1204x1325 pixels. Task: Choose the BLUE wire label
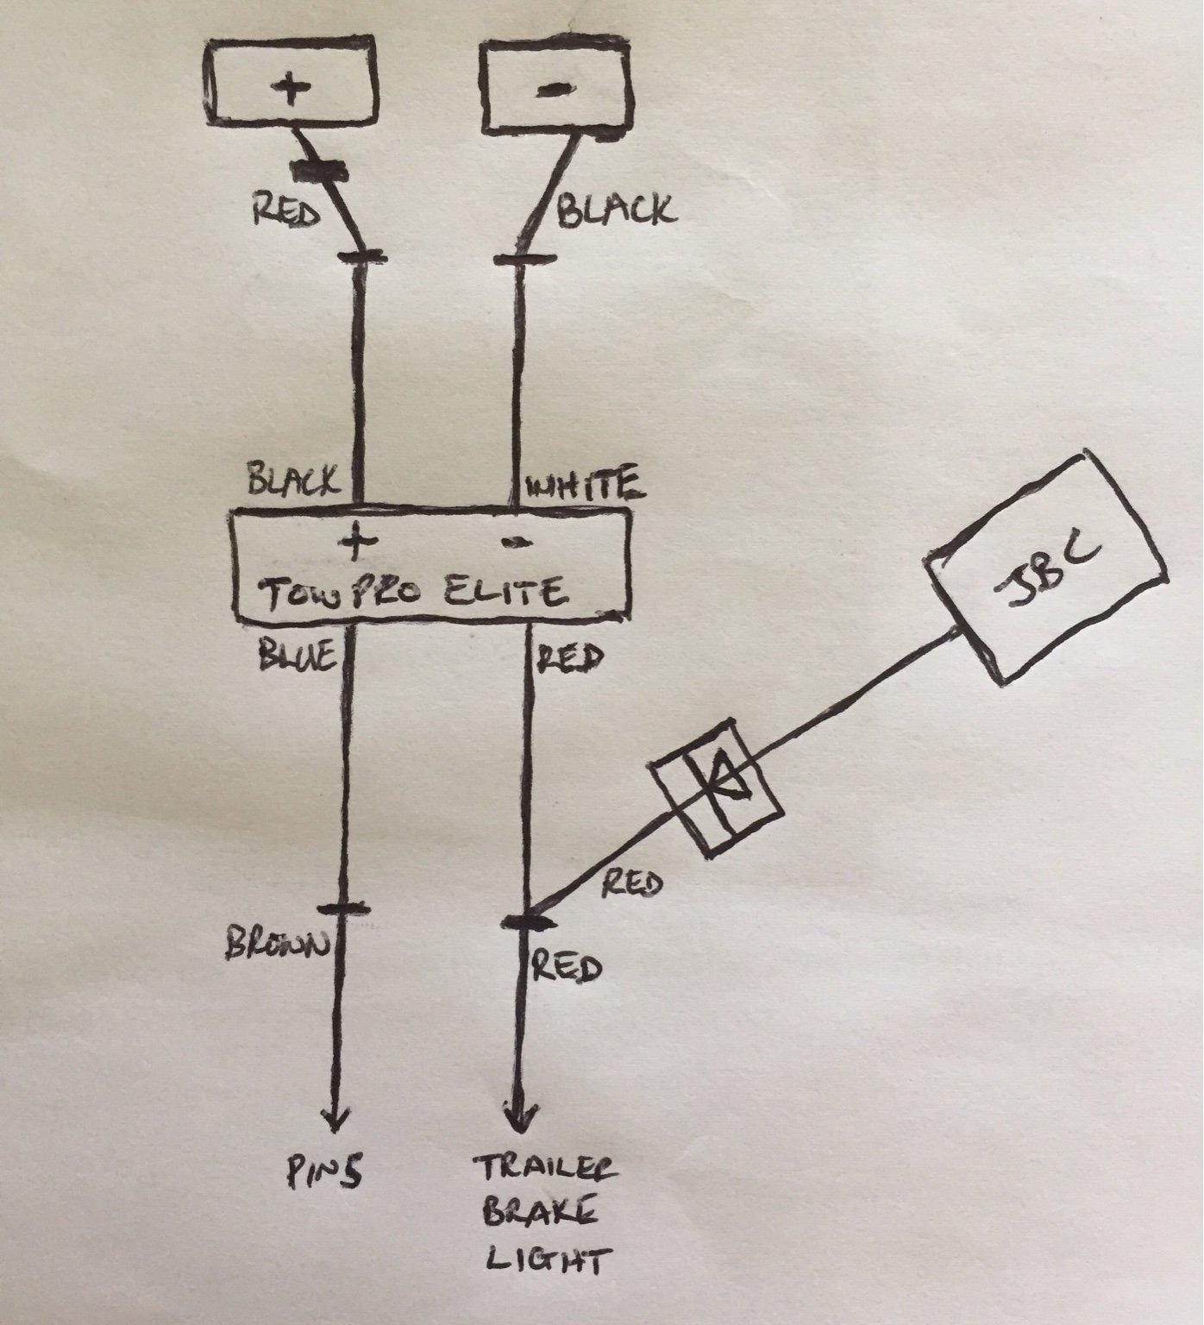pos(295,658)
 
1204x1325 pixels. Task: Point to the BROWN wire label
pos(277,945)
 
